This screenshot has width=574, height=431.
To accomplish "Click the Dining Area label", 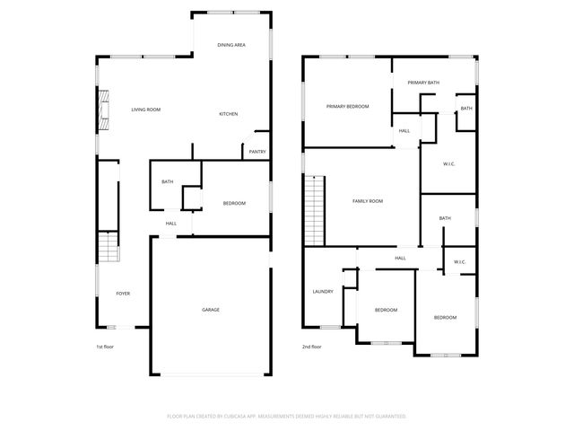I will tap(232, 45).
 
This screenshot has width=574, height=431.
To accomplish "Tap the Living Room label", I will tap(146, 110).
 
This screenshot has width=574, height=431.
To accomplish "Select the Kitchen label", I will tap(229, 114).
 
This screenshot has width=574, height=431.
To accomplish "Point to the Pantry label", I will tap(257, 152).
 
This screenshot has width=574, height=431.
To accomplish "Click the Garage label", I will tap(210, 310).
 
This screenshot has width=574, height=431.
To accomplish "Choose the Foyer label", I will tap(123, 294).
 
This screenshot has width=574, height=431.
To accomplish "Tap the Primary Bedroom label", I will tap(347, 107).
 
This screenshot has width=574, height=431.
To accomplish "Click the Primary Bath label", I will tap(423, 83).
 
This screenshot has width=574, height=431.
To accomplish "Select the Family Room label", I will tap(368, 201).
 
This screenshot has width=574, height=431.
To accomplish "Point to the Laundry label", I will tap(323, 292).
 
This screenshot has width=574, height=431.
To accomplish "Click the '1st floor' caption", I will tap(105, 347).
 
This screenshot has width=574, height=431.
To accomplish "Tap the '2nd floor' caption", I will tap(311, 347).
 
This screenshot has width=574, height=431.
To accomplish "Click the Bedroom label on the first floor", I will tap(234, 203).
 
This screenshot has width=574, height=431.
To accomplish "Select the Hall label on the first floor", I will tap(170, 224).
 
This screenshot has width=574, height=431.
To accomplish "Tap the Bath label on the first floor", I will tap(167, 182).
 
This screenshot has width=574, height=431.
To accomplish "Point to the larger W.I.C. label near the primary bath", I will tap(449, 164).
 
